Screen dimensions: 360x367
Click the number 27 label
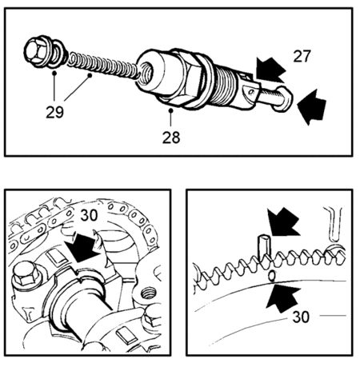[x=302, y=56]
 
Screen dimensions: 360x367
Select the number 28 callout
[x=171, y=138]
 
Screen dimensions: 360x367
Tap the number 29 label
[x=54, y=112]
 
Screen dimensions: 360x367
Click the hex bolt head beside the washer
[x=34, y=50]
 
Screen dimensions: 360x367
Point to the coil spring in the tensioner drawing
[x=104, y=66]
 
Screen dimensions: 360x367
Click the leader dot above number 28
[x=170, y=110]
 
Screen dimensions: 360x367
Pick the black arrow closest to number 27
[x=270, y=70]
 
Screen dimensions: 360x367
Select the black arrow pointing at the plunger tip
[x=311, y=107]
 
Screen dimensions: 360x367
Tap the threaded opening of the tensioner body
[x=146, y=71]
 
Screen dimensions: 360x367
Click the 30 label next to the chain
[x=89, y=215]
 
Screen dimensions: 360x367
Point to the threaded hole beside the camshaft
[x=147, y=293]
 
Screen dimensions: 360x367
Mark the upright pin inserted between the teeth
[x=264, y=247]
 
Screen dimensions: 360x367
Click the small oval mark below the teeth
[x=272, y=276]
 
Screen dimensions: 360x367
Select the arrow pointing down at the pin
[x=282, y=222]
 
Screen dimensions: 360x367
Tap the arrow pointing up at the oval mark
[x=282, y=298]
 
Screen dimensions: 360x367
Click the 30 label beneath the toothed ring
[x=301, y=317]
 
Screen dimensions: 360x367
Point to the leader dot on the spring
[x=90, y=76]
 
